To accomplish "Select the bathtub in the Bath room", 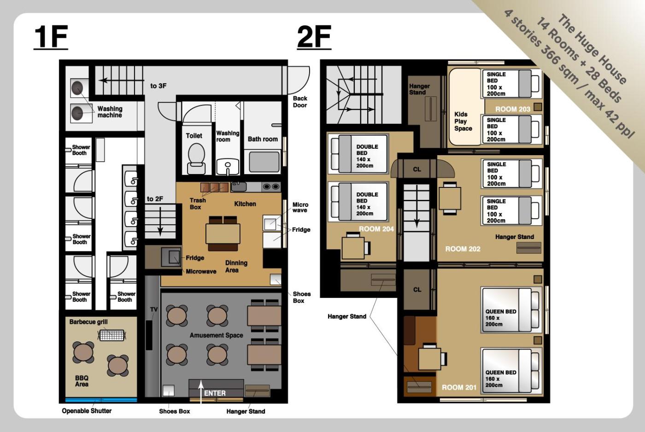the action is (264, 162).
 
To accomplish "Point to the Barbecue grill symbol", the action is (111, 335).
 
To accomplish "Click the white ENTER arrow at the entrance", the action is (201, 392).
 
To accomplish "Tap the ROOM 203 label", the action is (512, 109).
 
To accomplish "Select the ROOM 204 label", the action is (376, 229).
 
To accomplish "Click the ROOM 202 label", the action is (463, 249).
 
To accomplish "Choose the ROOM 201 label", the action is (459, 388).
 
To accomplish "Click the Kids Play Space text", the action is (463, 122).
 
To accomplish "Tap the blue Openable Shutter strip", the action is (101, 400).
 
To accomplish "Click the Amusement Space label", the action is (216, 335).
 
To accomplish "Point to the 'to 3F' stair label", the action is (158, 86).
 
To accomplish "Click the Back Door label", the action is (300, 102).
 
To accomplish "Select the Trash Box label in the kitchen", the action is (198, 204).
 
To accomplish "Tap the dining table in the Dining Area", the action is (223, 234).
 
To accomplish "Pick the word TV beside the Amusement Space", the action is (154, 309).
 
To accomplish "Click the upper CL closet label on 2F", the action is (417, 169).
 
